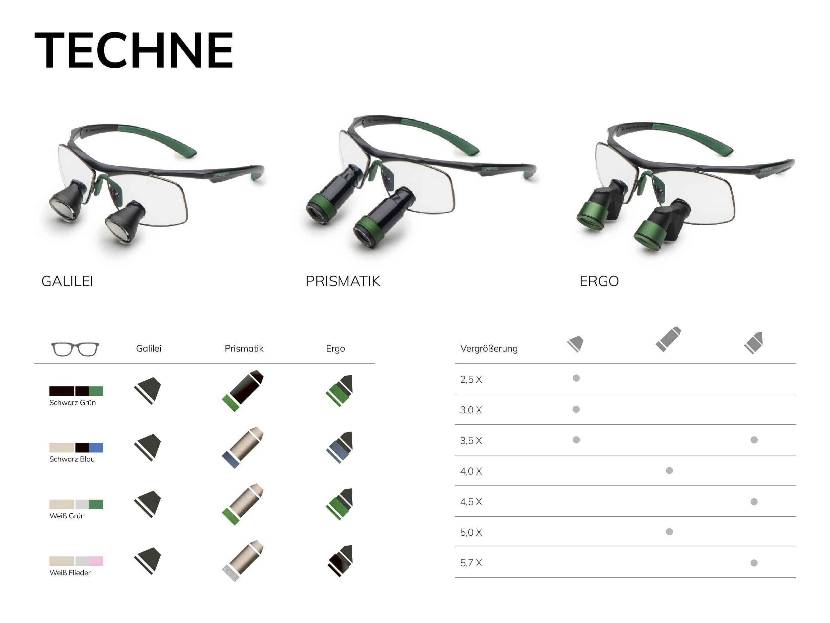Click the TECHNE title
coord(134,50)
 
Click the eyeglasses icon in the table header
coord(75,349)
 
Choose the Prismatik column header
coord(244,349)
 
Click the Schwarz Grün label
coord(72,403)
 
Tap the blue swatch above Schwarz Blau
coord(96,447)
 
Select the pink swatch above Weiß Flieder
coord(96,561)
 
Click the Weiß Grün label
coord(67,516)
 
